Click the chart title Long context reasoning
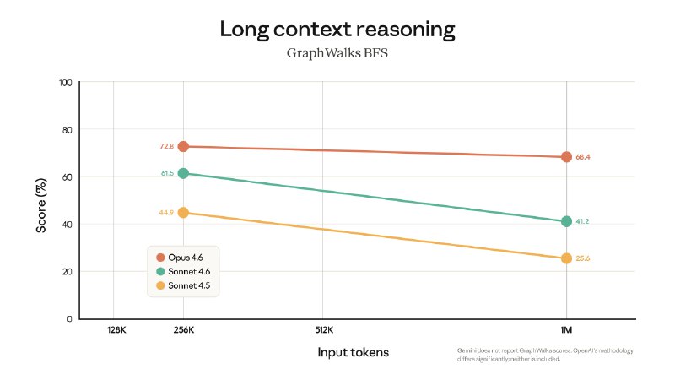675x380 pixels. (x=337, y=30)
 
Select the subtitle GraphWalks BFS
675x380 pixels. (x=337, y=53)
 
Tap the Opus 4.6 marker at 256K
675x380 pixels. (x=183, y=147)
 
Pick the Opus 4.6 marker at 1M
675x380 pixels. (x=566, y=157)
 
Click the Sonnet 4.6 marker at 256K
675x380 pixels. (x=183, y=173)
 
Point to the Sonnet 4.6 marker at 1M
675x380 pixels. (x=566, y=221)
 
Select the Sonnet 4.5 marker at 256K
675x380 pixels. (x=183, y=213)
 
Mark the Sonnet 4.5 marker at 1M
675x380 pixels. (x=566, y=258)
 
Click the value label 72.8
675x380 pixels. (x=165, y=147)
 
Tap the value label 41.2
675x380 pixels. (x=582, y=221)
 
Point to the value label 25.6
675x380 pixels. (x=582, y=258)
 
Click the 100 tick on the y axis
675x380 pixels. (x=65, y=83)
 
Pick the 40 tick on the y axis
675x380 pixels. (x=67, y=225)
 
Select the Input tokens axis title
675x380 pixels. (x=353, y=352)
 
